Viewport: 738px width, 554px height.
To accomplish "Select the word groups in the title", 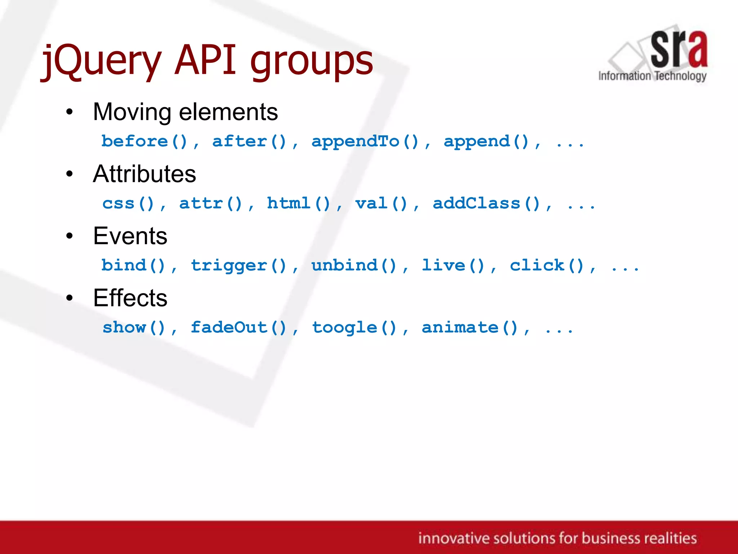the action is click(312, 61).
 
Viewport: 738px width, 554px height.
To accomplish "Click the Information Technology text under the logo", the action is click(652, 76).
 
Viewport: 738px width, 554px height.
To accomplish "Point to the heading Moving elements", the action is click(185, 112).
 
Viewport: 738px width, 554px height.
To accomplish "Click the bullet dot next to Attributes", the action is click(70, 174).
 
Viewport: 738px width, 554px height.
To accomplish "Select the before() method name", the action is click(145, 141).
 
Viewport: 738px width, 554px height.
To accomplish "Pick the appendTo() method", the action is click(365, 141).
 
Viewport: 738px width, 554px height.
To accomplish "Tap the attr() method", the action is click(211, 203).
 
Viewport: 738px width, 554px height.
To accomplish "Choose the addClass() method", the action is click(486, 203).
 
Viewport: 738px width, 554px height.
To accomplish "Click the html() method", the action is click(298, 203).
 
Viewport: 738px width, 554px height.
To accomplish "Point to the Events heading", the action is click(130, 236).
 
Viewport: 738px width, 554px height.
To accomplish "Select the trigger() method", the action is click(238, 266).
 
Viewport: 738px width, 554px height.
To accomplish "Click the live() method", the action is click(453, 266).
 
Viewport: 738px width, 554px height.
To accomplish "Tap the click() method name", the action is click(546, 266).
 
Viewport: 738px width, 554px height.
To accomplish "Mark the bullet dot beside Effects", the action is click(70, 298).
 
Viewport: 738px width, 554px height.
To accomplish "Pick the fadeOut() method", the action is click(238, 328).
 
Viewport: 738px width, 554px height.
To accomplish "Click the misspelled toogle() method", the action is click(354, 328).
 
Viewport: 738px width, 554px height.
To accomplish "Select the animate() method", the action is click(470, 328).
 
